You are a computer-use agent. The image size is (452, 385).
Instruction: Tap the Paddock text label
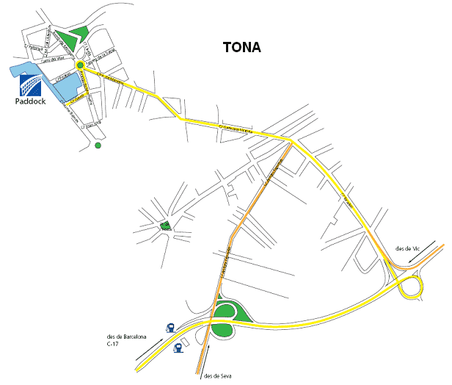(30, 101)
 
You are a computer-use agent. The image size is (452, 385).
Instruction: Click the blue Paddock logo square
(29, 87)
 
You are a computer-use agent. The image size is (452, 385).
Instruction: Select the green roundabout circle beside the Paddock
(79, 65)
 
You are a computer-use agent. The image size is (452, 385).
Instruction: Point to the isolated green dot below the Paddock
(98, 145)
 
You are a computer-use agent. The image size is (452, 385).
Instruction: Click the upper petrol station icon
(170, 328)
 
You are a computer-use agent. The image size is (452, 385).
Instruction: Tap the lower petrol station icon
(177, 348)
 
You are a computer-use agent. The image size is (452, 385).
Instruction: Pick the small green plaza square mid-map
(165, 226)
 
